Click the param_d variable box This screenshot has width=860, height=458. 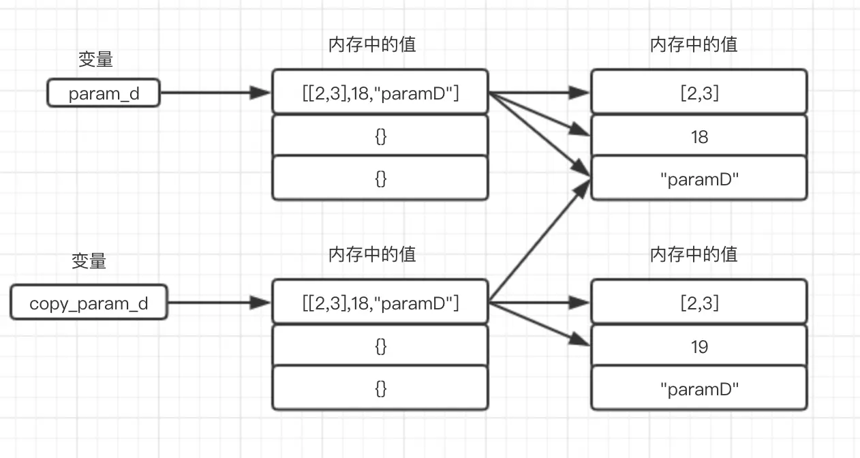click(104, 93)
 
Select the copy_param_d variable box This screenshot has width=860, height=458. click(89, 303)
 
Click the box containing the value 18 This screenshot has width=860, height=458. click(699, 137)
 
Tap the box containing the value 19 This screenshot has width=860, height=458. click(699, 347)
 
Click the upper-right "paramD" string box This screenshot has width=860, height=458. click(699, 179)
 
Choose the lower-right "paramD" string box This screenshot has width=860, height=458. click(699, 389)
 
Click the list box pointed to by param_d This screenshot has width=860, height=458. click(380, 92)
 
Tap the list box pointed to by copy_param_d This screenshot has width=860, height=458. click(380, 302)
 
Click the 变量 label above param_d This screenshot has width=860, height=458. click(95, 60)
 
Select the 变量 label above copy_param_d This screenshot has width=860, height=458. click(89, 261)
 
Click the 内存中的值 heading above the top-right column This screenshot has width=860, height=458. click(694, 45)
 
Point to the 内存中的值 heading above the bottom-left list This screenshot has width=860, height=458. click(372, 254)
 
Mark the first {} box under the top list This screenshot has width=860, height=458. click(380, 136)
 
